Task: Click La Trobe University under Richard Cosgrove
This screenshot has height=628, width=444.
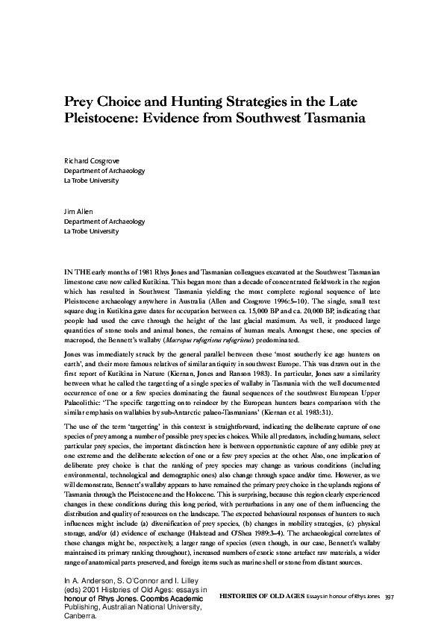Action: (x=92, y=180)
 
